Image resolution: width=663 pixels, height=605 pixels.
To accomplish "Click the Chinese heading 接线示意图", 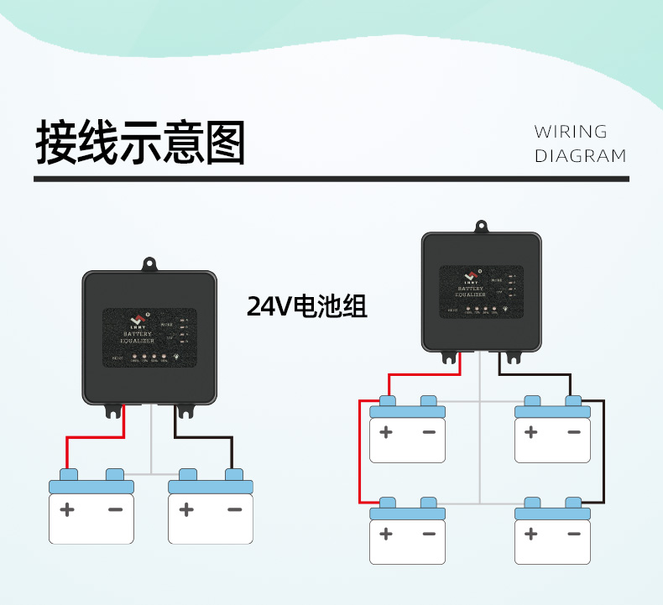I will (x=140, y=143).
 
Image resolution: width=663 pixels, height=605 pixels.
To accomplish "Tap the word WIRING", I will (x=571, y=132).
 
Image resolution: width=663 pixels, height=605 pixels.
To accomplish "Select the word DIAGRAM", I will (x=581, y=156).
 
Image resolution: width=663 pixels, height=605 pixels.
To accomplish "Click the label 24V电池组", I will (x=307, y=306).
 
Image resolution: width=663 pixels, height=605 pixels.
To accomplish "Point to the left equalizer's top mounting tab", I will (x=150, y=263).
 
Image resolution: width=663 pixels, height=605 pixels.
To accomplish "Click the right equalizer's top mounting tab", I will (x=481, y=227).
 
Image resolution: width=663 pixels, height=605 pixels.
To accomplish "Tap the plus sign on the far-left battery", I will (x=67, y=509).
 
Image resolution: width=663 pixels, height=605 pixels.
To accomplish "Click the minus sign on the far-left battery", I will (x=115, y=509).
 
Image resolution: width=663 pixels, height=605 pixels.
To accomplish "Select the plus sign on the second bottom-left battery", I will (x=186, y=509).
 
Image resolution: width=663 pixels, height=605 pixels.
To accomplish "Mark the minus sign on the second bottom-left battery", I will (x=234, y=509).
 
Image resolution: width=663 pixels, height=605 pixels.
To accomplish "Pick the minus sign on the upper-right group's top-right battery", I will (x=574, y=432).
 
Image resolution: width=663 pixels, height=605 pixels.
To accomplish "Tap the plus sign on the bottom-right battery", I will (x=530, y=534).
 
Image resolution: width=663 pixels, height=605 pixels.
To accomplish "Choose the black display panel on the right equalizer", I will (x=481, y=291).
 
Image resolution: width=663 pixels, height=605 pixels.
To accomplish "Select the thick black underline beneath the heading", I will (x=331, y=179).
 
